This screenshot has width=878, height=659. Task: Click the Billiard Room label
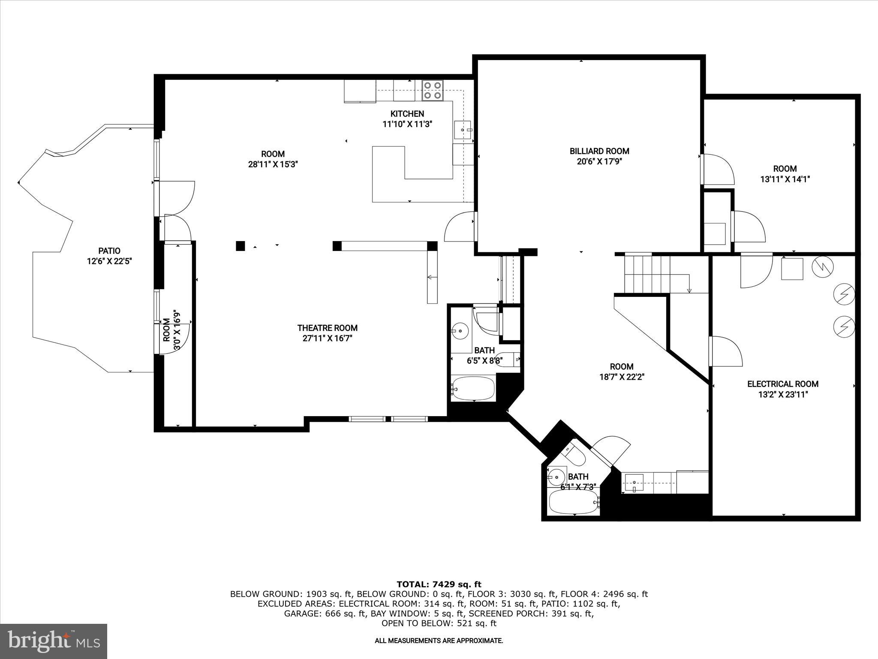599,151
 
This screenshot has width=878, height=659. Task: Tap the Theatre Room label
327,328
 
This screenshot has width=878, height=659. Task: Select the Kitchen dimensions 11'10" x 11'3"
407,124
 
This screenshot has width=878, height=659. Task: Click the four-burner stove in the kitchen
432,91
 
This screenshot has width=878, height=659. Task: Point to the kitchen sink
463,130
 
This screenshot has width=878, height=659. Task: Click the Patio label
109,251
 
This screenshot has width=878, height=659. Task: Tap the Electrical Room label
782,384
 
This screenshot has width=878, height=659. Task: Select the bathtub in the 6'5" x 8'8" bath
473,388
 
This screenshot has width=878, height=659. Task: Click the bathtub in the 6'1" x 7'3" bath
573,502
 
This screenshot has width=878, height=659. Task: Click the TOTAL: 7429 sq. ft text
439,584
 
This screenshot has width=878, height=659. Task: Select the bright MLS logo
54,641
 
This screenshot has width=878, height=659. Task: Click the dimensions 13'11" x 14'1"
785,179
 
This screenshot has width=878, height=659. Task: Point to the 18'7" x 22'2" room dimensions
622,377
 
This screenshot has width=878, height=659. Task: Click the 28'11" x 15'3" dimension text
273,164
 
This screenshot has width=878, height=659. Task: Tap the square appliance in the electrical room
792,269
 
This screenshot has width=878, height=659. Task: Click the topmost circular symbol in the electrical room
823,267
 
